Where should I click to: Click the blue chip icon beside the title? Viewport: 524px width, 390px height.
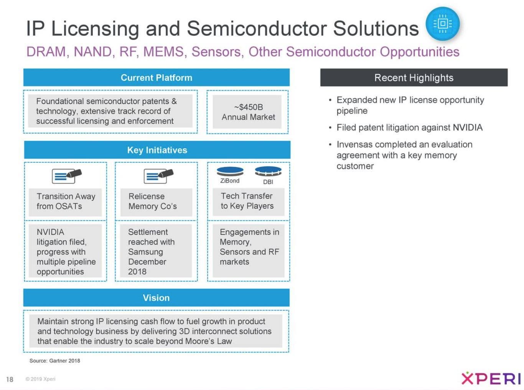point(442,24)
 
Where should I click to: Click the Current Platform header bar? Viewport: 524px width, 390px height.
point(157,78)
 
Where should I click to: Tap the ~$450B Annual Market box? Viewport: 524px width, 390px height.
point(248,112)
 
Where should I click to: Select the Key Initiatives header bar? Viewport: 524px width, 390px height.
point(157,150)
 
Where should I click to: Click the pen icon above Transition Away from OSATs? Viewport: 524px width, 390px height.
point(67,176)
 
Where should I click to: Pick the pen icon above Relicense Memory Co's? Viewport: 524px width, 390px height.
point(158,176)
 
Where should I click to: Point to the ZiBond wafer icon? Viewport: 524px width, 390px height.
point(230,171)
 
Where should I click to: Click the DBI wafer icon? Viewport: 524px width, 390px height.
point(268,171)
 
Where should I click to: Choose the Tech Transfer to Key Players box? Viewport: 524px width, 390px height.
point(247,201)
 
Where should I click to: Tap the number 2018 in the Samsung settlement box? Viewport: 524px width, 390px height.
point(137,272)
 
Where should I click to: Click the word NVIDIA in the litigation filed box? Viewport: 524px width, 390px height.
point(50,232)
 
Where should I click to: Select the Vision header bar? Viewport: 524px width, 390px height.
point(156,298)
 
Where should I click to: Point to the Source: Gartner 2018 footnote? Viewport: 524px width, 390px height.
point(55,361)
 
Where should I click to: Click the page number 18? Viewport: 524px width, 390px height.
point(10,379)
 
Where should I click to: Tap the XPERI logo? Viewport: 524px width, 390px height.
point(491,378)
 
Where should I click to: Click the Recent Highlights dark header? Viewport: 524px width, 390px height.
point(414,78)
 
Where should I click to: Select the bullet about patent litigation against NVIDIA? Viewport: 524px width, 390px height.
point(409,127)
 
